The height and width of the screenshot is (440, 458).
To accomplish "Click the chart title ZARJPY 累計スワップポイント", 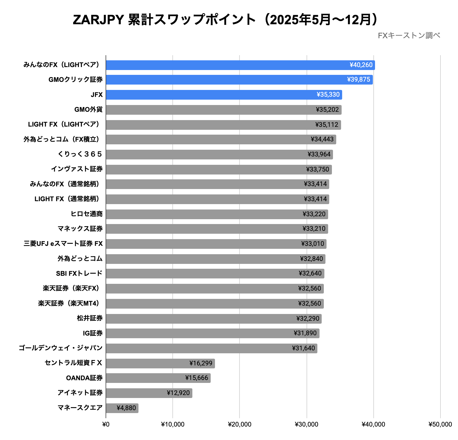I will pyautogui.click(x=226, y=20).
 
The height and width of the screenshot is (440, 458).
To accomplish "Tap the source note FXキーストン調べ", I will pyautogui.click(x=409, y=36).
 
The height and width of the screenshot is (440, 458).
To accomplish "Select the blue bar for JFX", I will pyautogui.click(x=224, y=95).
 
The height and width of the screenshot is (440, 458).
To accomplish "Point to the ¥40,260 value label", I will pyautogui.click(x=361, y=65).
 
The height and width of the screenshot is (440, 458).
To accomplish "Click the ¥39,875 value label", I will pyautogui.click(x=359, y=80).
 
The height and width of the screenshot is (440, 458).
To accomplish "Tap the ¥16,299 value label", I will pyautogui.click(x=201, y=364).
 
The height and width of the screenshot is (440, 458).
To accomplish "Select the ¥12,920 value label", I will pyautogui.click(x=178, y=393).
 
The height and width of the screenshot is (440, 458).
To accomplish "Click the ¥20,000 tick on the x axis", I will pyautogui.click(x=240, y=425).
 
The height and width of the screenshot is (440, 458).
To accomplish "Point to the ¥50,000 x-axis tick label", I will pyautogui.click(x=440, y=425).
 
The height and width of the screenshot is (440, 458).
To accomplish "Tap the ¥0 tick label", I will pyautogui.click(x=106, y=425).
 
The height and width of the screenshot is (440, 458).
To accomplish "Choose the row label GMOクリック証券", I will pyautogui.click(x=75, y=80).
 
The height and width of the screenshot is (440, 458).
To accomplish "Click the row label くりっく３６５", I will pyautogui.click(x=80, y=154).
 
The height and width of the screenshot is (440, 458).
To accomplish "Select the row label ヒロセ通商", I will pyautogui.click(x=86, y=214).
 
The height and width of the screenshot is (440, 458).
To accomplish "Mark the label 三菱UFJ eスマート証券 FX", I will pyautogui.click(x=63, y=244).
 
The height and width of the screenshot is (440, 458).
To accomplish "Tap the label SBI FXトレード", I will pyautogui.click(x=79, y=274).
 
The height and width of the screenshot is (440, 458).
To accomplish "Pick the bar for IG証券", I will pyautogui.click(x=212, y=333).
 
